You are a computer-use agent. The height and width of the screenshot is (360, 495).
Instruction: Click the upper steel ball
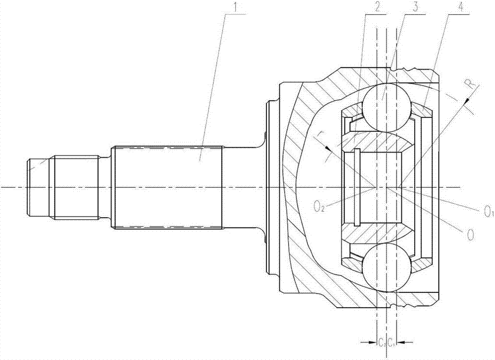point(388,107)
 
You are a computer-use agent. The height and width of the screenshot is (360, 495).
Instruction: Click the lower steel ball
point(388,268)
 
